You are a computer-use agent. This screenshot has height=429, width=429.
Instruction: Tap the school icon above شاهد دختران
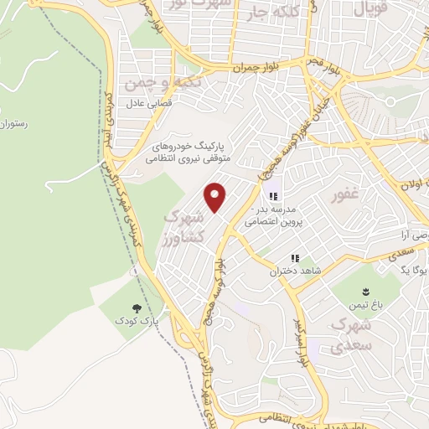coord(294,259)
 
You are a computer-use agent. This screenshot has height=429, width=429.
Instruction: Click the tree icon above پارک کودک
coord(137,309)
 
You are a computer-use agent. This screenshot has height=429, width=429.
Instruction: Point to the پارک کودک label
coord(137,323)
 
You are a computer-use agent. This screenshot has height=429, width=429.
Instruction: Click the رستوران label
coord(13,124)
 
